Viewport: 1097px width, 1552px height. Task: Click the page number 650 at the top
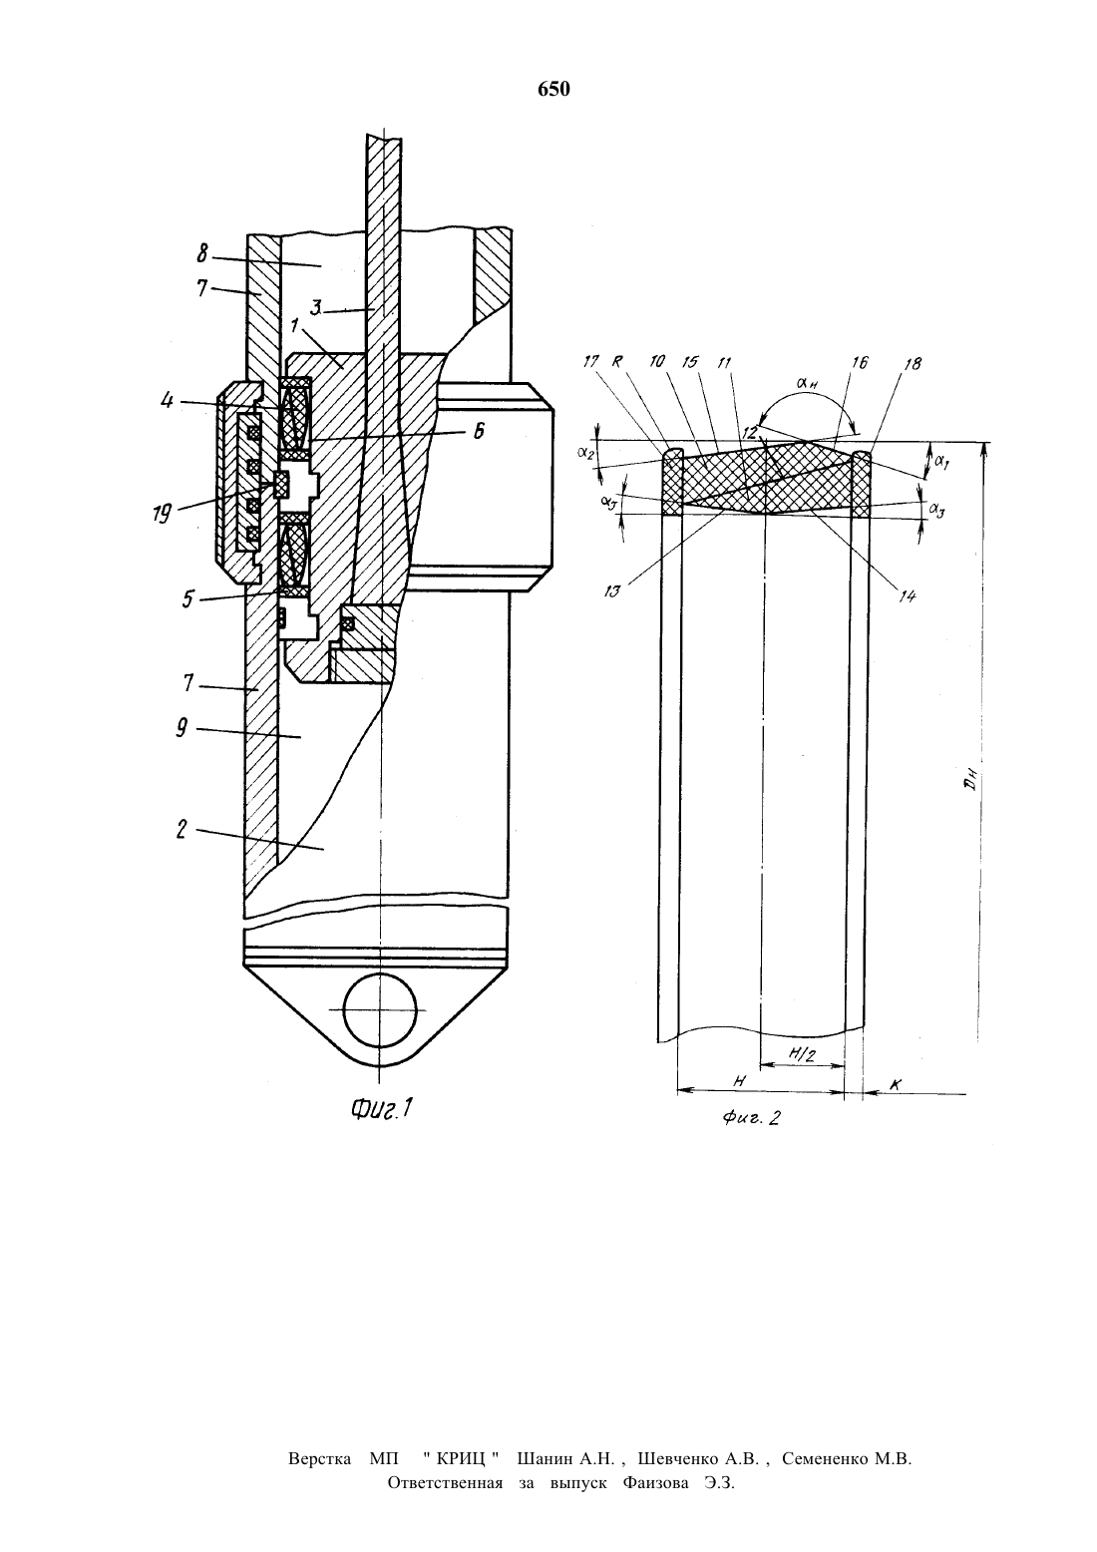click(x=553, y=90)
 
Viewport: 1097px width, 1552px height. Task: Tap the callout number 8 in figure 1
click(x=202, y=254)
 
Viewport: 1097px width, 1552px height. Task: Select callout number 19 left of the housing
click(x=162, y=514)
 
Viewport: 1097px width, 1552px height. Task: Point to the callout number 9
click(x=182, y=728)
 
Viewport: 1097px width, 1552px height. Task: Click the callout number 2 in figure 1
click(x=182, y=829)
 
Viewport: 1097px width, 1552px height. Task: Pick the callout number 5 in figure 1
click(x=188, y=598)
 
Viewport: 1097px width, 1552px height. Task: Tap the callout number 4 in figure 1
click(x=167, y=400)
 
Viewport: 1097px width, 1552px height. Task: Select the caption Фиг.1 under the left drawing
click(x=383, y=1108)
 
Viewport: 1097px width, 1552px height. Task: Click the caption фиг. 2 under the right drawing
click(x=751, y=1117)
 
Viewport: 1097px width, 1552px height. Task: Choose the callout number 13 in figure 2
click(x=612, y=591)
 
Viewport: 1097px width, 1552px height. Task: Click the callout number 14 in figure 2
click(x=907, y=595)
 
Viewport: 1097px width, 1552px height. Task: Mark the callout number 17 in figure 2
click(x=590, y=361)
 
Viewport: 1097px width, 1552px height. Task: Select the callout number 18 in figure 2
click(x=913, y=363)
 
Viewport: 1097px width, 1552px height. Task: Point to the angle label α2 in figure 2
click(x=585, y=453)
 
